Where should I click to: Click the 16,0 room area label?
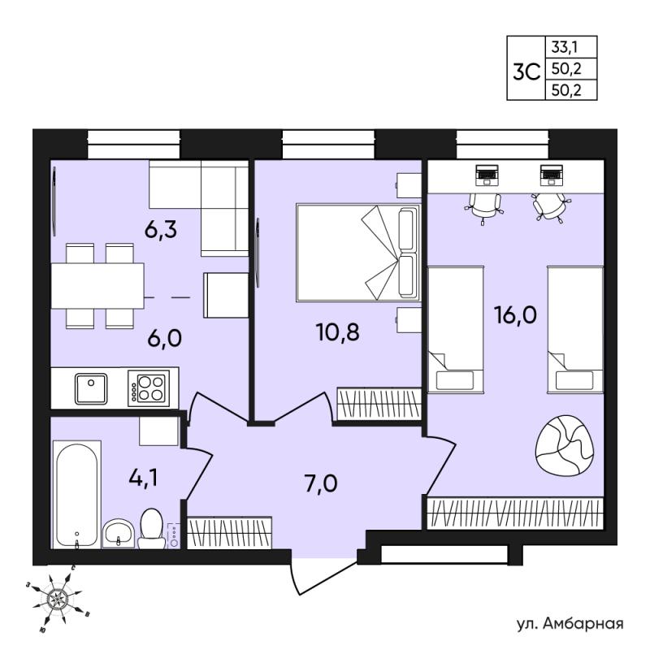click(x=515, y=315)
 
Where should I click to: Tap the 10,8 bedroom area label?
click(x=337, y=332)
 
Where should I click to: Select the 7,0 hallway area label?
click(x=321, y=483)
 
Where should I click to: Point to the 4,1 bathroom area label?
click(x=143, y=478)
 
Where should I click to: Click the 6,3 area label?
click(x=160, y=229)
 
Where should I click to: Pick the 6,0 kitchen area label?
click(x=165, y=338)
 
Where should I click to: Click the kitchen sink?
click(x=91, y=388)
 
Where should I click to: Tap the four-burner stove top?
click(x=149, y=388)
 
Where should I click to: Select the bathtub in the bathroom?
click(x=77, y=495)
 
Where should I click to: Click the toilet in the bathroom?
click(x=151, y=529)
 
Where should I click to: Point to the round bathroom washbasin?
click(x=118, y=534)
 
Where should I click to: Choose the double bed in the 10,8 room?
click(x=358, y=252)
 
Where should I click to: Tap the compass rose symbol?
click(x=55, y=598)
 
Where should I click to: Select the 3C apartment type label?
click(x=526, y=72)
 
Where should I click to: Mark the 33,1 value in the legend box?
click(x=564, y=47)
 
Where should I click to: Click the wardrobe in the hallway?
click(x=229, y=533)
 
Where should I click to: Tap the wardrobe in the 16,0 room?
click(x=515, y=513)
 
